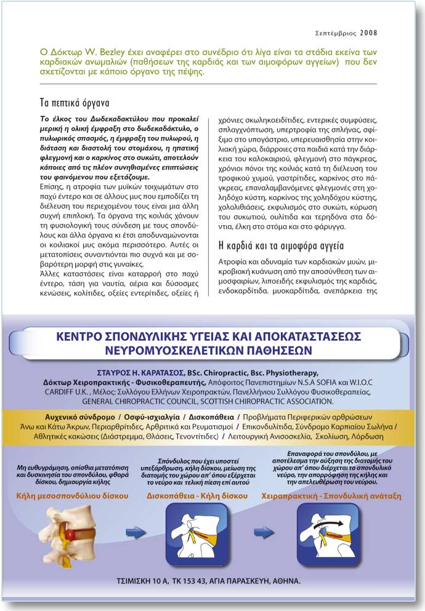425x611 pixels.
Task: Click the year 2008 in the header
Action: [368, 33]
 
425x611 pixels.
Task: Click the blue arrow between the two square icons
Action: [265, 531]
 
